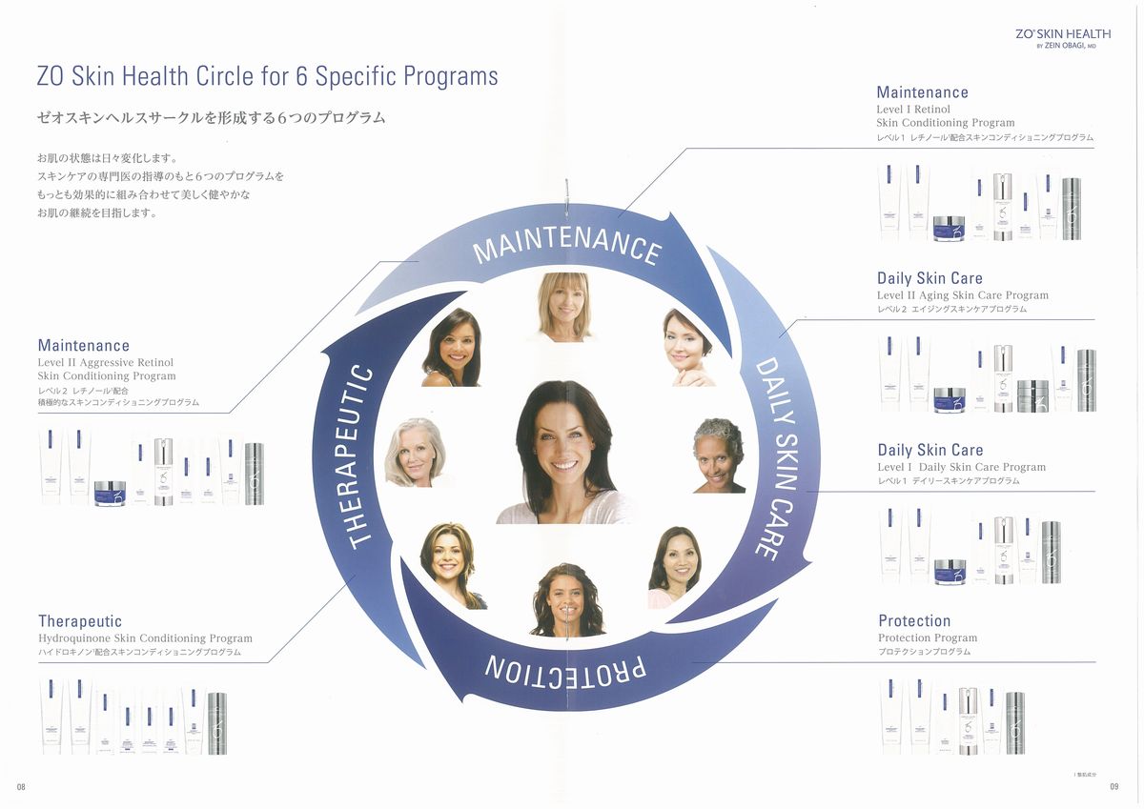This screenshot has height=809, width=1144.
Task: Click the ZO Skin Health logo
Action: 1063,37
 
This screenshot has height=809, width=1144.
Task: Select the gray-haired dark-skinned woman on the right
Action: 720,455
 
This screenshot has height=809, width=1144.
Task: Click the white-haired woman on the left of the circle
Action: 415,453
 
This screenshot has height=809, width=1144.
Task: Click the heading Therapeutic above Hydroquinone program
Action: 80,621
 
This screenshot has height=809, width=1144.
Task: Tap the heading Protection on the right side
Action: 914,621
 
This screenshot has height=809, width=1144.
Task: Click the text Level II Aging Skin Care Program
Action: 963,295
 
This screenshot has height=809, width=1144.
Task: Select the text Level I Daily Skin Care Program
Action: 961,467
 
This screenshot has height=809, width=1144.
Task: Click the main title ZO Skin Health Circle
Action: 267,76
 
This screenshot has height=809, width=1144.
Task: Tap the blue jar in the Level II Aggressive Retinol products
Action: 110,493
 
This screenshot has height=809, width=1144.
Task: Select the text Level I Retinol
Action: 913,110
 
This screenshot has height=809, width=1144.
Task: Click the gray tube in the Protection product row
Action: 1015,722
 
